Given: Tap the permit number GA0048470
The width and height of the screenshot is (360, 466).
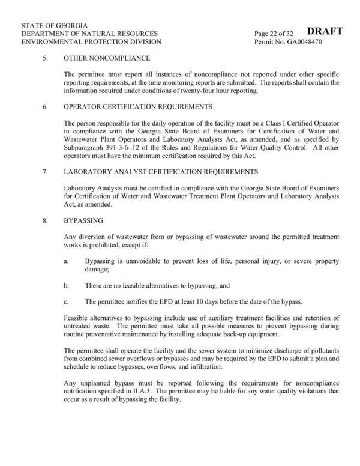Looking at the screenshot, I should tap(296, 43).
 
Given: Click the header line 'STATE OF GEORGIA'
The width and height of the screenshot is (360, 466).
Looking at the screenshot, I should tap(54, 26).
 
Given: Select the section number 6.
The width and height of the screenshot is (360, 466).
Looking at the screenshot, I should tap(44, 107).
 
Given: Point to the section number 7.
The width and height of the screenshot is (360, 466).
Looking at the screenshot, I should tap(44, 172).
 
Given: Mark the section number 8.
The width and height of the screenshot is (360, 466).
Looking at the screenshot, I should tap(44, 220).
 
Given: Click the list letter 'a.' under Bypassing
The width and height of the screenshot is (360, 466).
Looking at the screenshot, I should tap(67, 263).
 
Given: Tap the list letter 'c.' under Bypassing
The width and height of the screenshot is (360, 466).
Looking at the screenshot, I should tap(67, 301).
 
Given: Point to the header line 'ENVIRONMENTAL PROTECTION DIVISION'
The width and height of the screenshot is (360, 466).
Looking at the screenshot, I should tap(91, 43).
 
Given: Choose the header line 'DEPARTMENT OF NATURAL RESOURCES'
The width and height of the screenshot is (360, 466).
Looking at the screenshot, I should tap(89, 34).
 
